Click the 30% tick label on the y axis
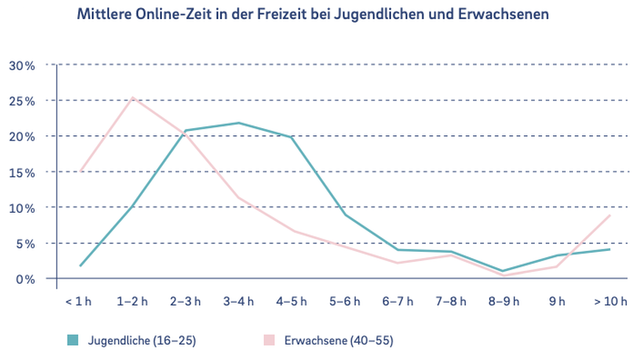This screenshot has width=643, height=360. [21, 66]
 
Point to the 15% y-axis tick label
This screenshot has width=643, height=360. [21, 172]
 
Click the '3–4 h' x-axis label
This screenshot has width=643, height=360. [238, 300]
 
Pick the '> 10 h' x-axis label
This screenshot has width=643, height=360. [611, 300]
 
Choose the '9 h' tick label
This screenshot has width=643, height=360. [557, 300]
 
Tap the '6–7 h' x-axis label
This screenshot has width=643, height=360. [398, 300]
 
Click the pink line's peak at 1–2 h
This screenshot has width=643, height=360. [133, 97]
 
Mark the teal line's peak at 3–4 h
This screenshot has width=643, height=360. [239, 123]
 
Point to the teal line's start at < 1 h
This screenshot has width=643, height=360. [80, 266]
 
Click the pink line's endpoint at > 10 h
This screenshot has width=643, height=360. [610, 215]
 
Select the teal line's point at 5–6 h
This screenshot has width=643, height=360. [345, 215]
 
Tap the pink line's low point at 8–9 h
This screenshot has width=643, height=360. [504, 275]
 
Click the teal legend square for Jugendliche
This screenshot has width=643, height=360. [72, 340]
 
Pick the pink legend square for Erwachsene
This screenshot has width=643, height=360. [269, 340]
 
